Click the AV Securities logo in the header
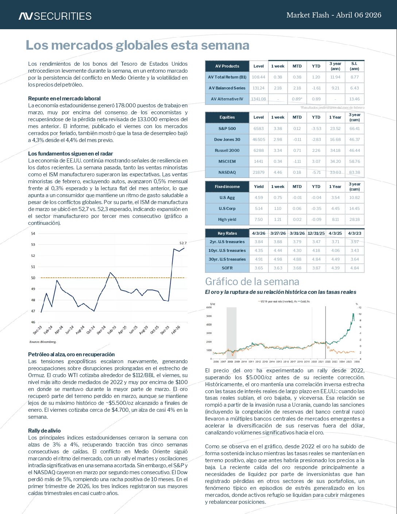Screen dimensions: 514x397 (55, 16)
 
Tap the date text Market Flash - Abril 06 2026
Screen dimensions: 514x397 (334, 15)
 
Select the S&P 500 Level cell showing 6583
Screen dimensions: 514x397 (258, 128)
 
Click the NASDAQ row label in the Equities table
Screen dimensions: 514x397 (227, 172)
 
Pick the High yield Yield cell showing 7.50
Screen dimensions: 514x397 (258, 219)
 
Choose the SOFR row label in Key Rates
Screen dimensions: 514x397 (227, 268)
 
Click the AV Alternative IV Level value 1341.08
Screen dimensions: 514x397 (258, 99)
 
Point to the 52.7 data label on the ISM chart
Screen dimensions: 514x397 (183, 243)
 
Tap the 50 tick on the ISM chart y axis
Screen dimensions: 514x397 (33, 278)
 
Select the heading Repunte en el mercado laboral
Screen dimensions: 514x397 (64, 99)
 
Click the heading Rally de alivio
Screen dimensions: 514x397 (45, 431)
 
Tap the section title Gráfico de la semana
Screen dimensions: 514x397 (252, 281)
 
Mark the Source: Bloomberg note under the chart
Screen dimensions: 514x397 (43, 342)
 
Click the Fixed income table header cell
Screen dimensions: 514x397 (227, 187)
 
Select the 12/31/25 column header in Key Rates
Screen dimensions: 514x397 (316, 233)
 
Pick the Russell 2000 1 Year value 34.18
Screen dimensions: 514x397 (335, 150)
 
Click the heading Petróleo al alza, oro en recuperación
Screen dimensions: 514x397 (72, 354)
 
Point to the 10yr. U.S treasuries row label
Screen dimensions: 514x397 (227, 250)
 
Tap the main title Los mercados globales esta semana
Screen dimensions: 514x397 (137, 45)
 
